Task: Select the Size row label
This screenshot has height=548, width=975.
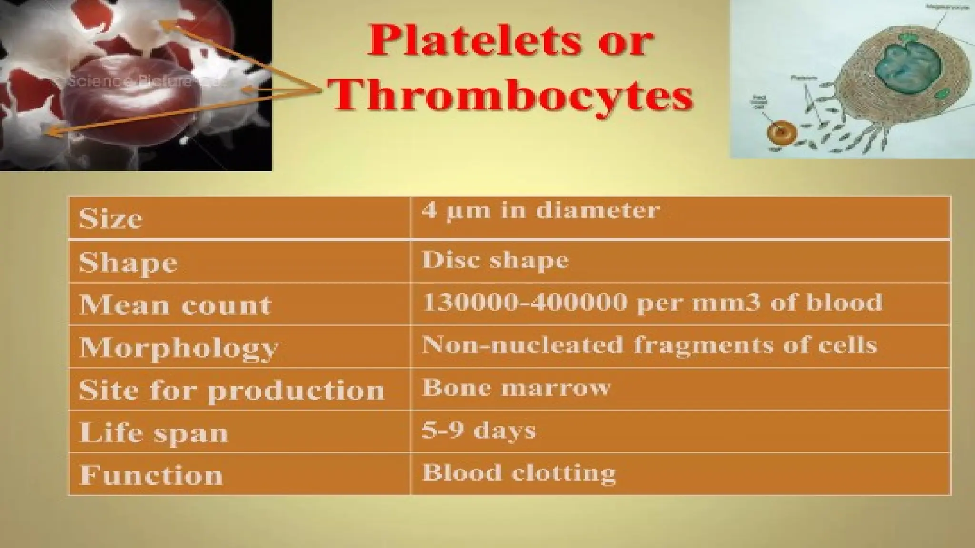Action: coord(110,219)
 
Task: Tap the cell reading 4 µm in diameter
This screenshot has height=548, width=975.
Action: coord(541,210)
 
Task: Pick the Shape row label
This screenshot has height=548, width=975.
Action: coord(128,263)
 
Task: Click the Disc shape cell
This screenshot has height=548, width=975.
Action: coord(495,260)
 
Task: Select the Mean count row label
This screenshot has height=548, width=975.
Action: coord(175,305)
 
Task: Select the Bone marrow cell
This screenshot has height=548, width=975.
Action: coord(516,388)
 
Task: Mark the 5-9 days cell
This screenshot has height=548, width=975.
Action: coord(478,431)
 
